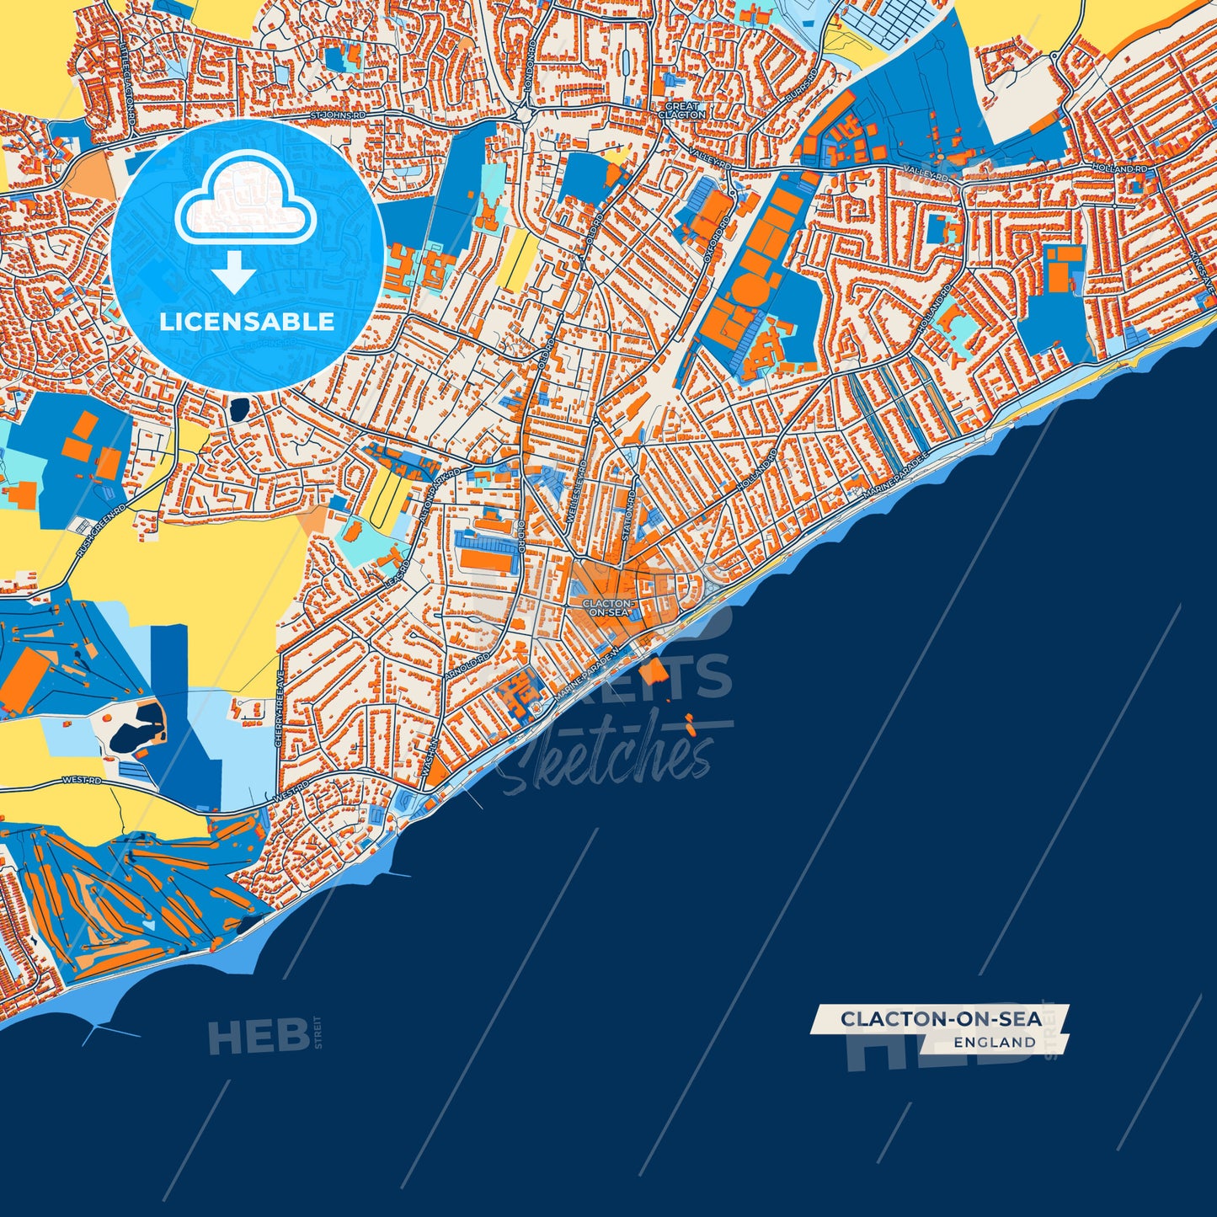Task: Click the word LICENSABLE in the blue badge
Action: (247, 322)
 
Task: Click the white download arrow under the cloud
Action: (234, 274)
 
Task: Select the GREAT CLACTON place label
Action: (681, 110)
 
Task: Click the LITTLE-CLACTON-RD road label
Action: (129, 79)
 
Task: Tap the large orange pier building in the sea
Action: (653, 671)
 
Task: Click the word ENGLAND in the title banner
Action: (995, 1042)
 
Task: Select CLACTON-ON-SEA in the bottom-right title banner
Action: (941, 1019)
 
